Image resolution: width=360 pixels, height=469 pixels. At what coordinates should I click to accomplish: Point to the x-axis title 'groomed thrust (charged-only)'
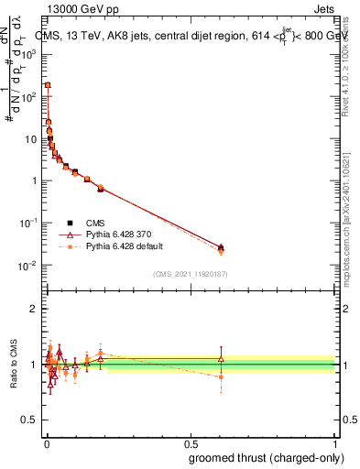[x=266, y=456]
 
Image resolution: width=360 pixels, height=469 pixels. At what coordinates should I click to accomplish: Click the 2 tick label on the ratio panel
[x=33, y=309]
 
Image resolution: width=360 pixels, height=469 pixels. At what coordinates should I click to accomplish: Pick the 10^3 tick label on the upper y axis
[x=28, y=54]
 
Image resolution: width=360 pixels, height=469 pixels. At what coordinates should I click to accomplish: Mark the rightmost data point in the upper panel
[x=221, y=247]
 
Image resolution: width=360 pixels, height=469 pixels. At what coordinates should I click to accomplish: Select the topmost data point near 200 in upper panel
[x=48, y=84]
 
